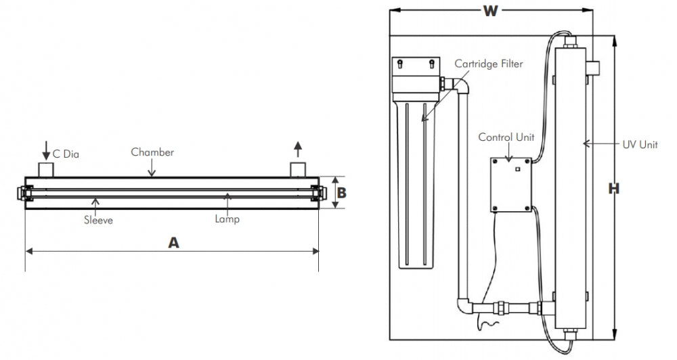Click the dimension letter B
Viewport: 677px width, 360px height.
(342, 193)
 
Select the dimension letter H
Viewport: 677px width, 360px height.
(613, 189)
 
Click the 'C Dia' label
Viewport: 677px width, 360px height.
(66, 154)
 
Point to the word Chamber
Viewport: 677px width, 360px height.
(152, 152)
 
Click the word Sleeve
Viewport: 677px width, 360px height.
(98, 220)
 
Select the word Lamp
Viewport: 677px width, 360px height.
(227, 219)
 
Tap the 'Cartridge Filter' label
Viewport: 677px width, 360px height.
(489, 64)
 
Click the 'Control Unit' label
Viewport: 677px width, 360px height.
(506, 137)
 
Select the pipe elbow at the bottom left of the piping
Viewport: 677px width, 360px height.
(464, 304)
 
